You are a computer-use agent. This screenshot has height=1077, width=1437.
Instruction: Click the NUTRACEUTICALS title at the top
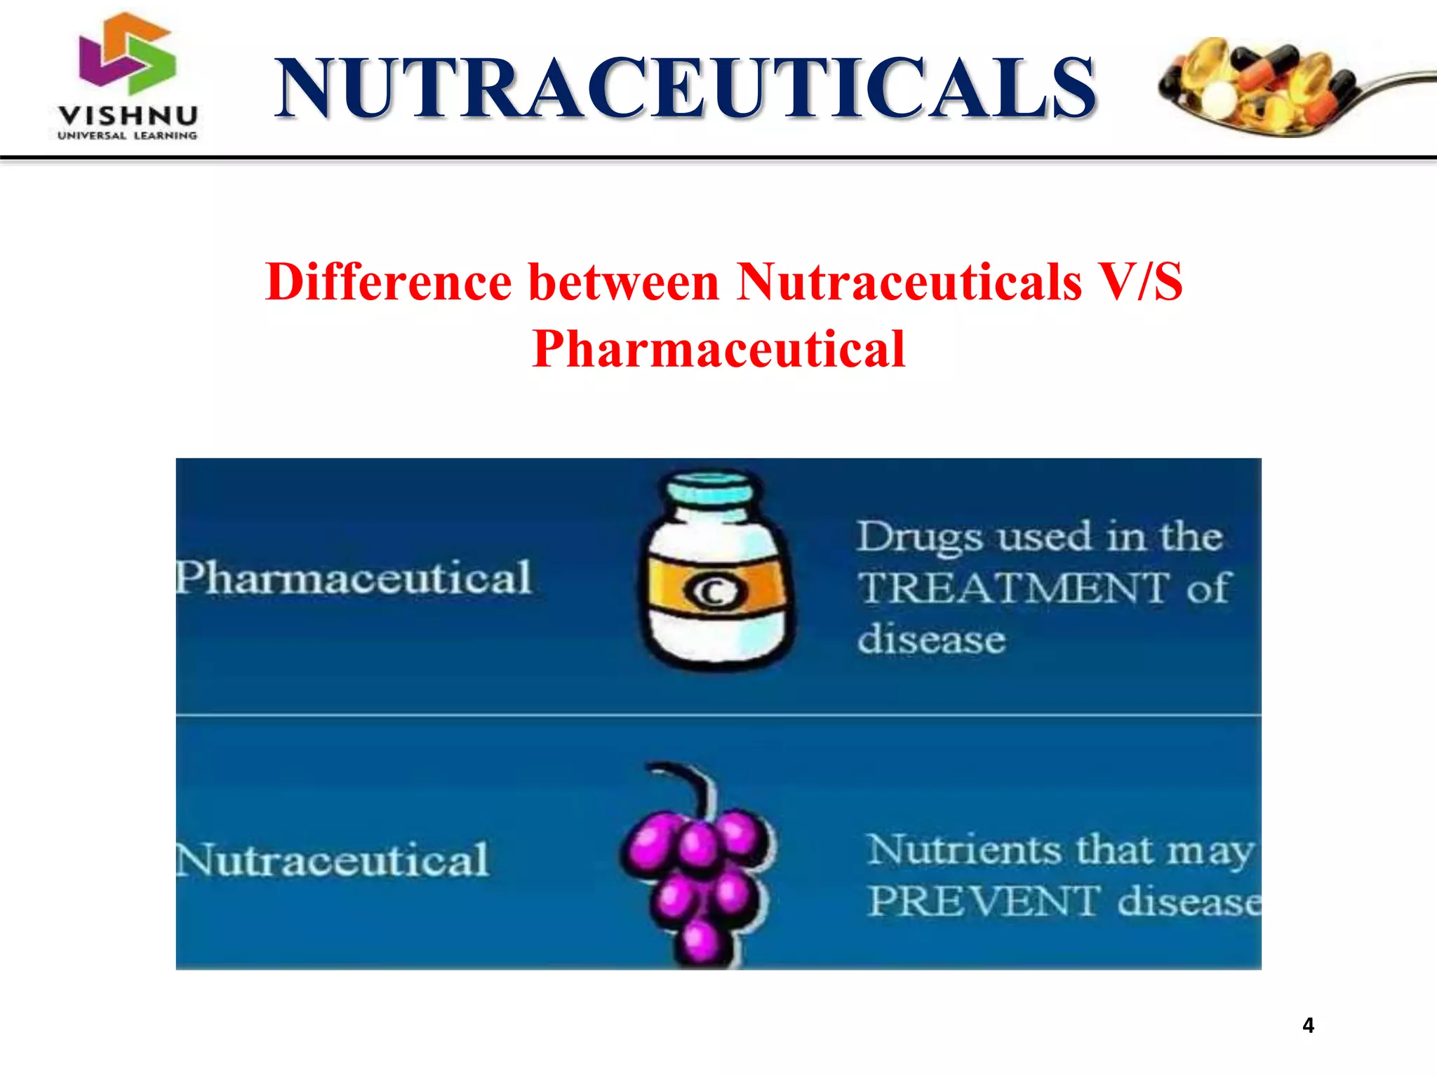point(685,88)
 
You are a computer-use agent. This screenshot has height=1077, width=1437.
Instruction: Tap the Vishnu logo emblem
point(127,55)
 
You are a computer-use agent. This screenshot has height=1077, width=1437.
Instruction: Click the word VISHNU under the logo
point(128,115)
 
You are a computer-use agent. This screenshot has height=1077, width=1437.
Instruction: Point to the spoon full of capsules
point(1263,87)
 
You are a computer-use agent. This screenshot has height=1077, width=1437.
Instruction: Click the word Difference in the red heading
point(389,282)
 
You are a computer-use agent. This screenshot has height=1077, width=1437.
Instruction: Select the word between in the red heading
point(624,282)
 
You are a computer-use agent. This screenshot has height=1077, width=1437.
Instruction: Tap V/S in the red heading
point(1139,282)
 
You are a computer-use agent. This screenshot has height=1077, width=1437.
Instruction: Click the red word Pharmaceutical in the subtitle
point(718,348)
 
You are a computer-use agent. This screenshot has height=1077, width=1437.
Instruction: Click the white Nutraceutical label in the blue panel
point(332,860)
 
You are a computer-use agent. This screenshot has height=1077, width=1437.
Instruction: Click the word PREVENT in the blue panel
point(982,901)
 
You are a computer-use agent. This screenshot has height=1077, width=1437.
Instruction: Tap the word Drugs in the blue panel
point(919,538)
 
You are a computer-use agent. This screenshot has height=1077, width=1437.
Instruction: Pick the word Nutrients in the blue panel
point(965,850)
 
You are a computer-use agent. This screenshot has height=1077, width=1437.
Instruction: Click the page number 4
point(1308,1025)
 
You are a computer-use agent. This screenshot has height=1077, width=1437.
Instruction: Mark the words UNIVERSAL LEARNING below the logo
point(128,135)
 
